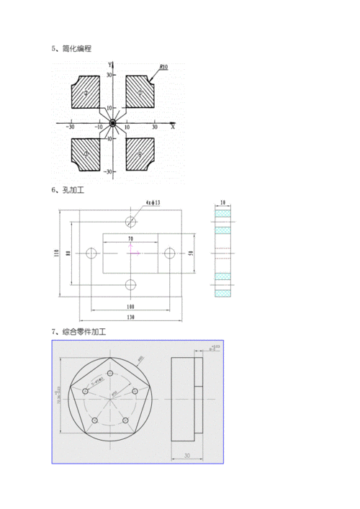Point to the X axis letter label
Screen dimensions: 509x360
point(173,127)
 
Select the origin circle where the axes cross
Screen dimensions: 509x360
point(112,123)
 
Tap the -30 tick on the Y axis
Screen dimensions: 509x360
point(107,172)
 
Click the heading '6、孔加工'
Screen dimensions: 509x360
point(68,191)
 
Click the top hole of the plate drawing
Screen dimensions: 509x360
point(130,220)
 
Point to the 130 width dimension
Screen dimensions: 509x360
point(130,317)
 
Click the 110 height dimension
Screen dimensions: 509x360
point(55,253)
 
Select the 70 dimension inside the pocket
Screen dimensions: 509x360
point(130,239)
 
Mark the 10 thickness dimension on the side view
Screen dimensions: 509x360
point(224,204)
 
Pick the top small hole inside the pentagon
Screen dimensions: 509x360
point(111,373)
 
